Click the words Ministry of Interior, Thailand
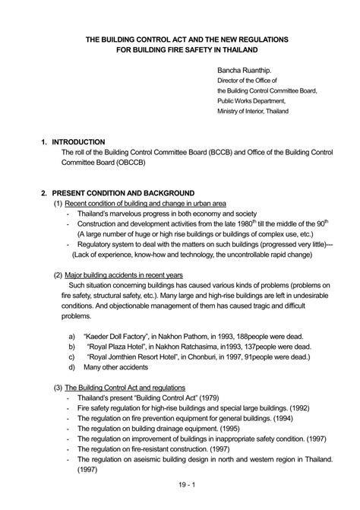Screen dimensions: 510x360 pyautogui.click(x=255, y=111)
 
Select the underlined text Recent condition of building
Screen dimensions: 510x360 pyautogui.click(x=110, y=204)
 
